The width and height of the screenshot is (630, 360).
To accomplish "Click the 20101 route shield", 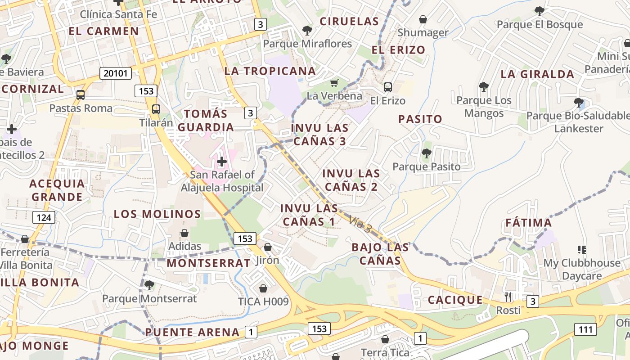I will [115, 73].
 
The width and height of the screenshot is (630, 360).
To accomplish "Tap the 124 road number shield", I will [44, 218].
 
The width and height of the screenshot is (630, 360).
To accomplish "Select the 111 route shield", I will [585, 329].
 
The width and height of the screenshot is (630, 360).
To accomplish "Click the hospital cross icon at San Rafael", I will [221, 161].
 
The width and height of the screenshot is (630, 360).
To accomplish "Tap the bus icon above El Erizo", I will [387, 87].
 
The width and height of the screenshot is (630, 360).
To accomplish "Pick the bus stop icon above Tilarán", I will [156, 109].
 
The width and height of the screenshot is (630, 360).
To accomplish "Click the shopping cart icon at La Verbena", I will [334, 83].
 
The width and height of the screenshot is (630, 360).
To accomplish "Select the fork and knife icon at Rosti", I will [508, 297].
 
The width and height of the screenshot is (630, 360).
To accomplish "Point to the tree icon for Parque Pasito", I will [426, 153].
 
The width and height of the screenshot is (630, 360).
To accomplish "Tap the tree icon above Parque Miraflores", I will [307, 31].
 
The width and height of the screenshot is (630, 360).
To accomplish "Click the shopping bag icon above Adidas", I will [184, 233].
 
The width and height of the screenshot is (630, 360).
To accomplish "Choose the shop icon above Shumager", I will [423, 19].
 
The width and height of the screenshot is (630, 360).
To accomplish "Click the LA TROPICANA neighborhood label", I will [270, 71].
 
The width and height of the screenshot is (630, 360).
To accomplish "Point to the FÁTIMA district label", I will [528, 223].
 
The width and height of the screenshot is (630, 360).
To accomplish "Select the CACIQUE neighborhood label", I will [455, 300].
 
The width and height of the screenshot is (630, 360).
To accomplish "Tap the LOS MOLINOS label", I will [157, 214].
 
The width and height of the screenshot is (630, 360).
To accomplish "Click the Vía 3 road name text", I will [360, 224].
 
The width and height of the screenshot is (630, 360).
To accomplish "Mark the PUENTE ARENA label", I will [192, 333].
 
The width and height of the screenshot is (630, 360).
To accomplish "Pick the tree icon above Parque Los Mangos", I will [484, 86].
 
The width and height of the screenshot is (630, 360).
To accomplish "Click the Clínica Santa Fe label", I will [118, 14].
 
